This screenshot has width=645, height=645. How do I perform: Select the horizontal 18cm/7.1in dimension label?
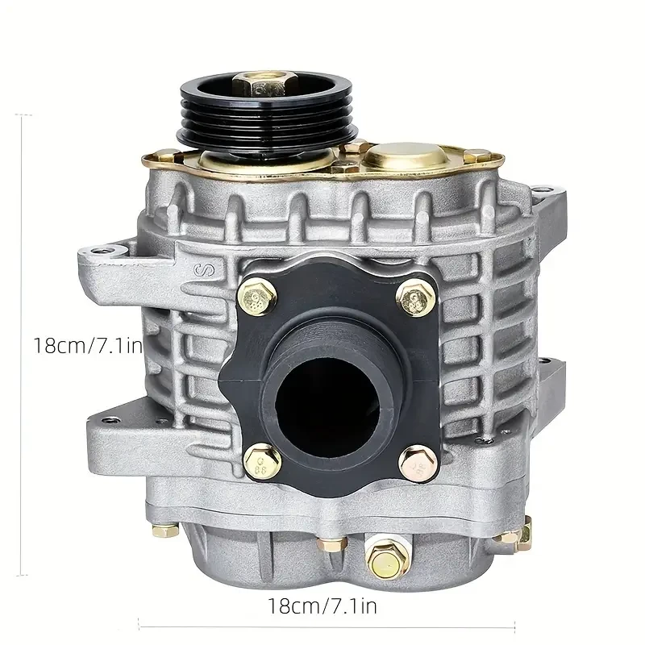click(322, 602)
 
